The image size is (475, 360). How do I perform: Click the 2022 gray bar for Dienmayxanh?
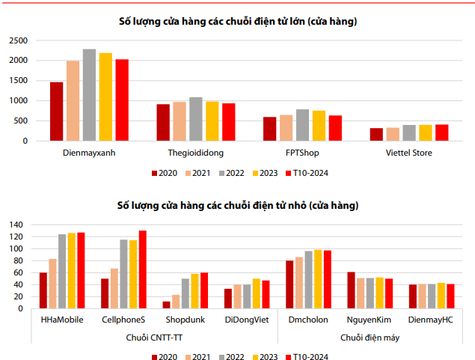coord(89,95)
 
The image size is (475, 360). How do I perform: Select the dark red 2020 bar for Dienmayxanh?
coord(56,112)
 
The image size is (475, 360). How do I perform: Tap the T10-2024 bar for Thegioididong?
coord(229,122)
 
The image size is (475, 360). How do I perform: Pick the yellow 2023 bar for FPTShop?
coord(319,126)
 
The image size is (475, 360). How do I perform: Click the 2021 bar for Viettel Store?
coord(393,134)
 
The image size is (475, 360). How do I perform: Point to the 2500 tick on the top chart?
coord(18,40)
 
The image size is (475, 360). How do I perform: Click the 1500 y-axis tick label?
coord(18,80)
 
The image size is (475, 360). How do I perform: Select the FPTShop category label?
coord(302,153)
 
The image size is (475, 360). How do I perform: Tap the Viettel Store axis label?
coord(408,153)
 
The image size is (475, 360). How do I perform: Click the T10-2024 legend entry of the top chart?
coord(307,173)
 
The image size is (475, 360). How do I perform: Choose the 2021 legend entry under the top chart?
coord(197,173)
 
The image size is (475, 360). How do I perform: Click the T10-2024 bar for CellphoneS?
coord(142,269)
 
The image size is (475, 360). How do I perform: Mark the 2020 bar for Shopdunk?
coord(166,305)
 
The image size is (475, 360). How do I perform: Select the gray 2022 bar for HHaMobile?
coord(62,271)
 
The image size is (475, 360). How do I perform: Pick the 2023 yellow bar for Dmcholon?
coord(318,279)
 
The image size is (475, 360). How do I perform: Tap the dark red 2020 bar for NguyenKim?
coord(351,290)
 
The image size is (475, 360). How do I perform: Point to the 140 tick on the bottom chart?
coord(16,225)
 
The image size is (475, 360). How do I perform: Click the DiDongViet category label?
coord(247,320)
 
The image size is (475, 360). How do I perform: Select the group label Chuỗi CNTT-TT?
coord(154,338)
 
